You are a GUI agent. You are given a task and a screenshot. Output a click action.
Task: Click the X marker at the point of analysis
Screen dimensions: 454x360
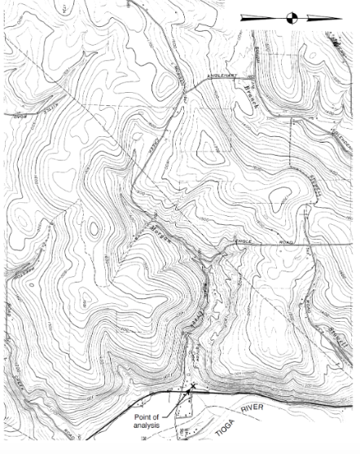click(x=194, y=387)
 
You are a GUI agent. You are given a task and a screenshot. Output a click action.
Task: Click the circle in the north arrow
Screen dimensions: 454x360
click(x=292, y=16)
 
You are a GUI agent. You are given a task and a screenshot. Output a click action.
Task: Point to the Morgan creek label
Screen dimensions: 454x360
click(x=157, y=233)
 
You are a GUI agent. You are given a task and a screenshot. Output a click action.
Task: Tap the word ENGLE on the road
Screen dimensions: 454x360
click(x=244, y=241)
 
